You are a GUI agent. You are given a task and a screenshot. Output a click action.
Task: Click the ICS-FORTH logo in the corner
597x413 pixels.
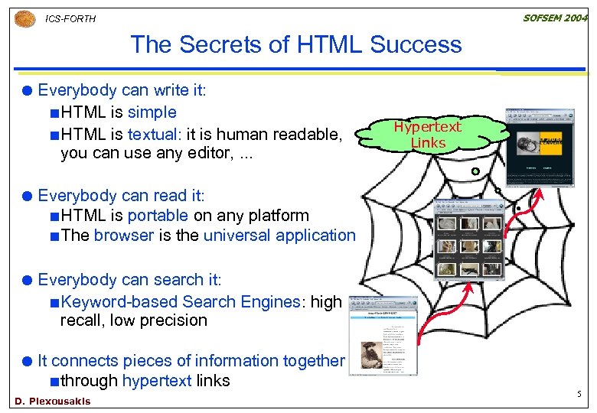(x=25, y=18)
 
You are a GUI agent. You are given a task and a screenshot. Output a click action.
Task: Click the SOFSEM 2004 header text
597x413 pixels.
(x=555, y=18)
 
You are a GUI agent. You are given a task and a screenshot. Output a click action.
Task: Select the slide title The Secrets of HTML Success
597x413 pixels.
(x=296, y=44)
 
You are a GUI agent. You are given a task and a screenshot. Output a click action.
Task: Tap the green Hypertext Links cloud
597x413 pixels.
(x=427, y=135)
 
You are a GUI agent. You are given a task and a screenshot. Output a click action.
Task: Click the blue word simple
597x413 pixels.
(x=152, y=112)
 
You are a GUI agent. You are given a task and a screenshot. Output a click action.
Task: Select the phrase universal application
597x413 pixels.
(x=279, y=236)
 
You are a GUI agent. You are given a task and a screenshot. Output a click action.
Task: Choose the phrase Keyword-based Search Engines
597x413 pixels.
(x=181, y=302)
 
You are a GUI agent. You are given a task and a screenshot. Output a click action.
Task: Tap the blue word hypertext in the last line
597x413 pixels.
(x=157, y=381)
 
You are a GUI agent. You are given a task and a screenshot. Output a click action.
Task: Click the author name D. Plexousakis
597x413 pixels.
(x=52, y=402)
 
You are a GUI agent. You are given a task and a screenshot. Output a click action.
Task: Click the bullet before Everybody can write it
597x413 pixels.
(x=28, y=91)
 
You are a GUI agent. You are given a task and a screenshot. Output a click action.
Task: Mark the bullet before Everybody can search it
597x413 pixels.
(x=28, y=281)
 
